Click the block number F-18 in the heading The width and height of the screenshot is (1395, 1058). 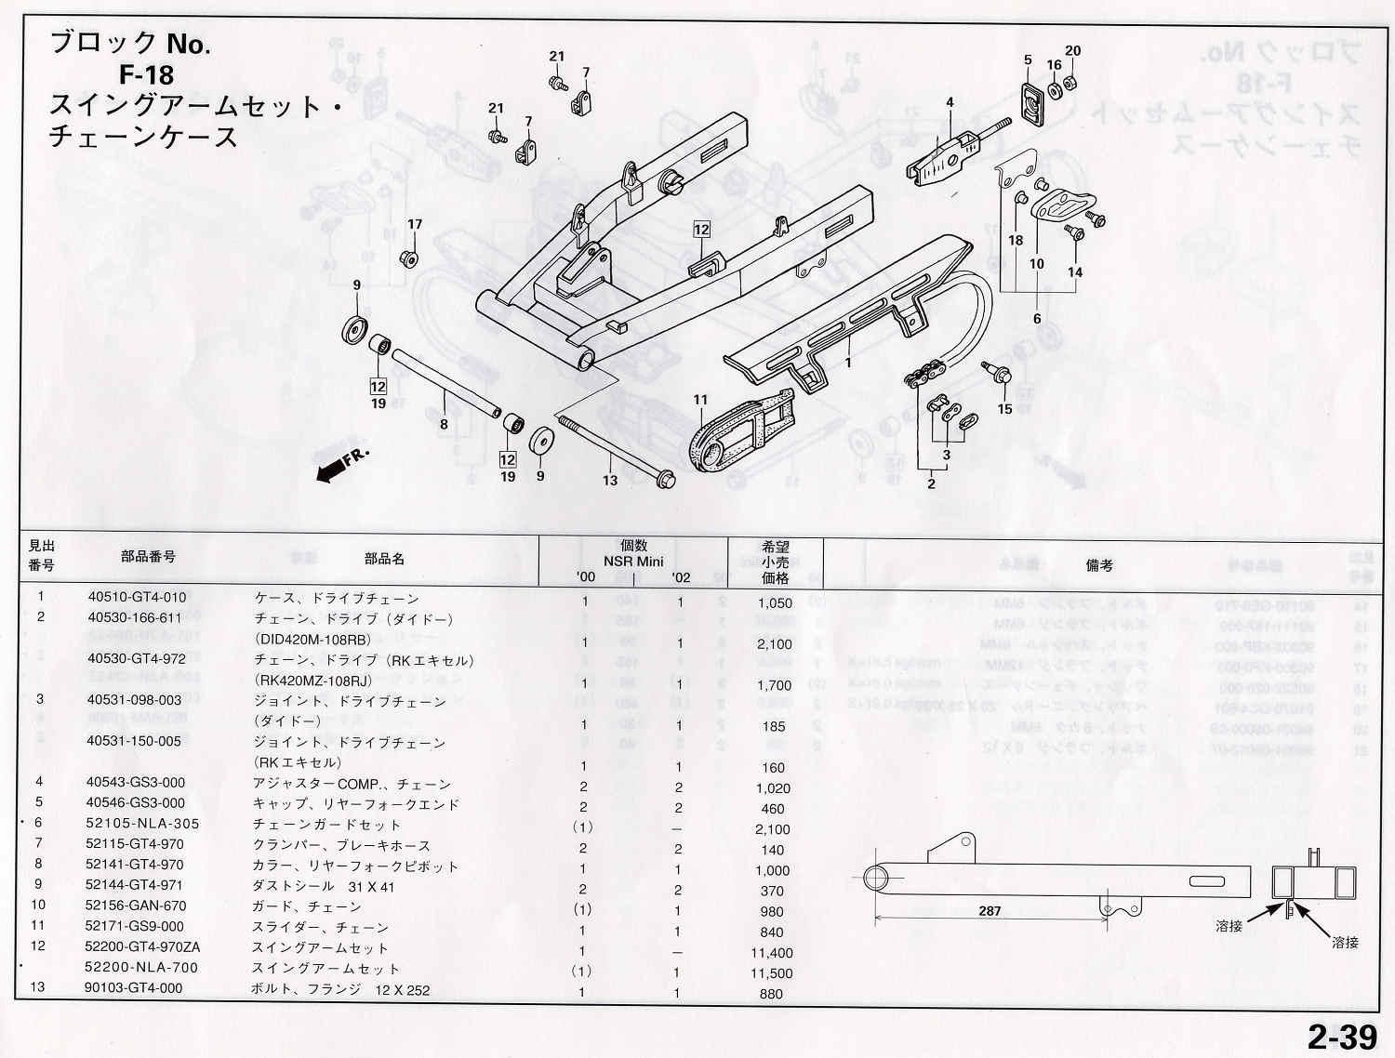pos(146,73)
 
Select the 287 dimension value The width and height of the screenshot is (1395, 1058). pos(990,910)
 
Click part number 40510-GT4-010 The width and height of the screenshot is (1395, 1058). pos(137,598)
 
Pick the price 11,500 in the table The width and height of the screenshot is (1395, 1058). pos(772,972)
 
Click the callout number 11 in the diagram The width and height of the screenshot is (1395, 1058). pos(700,401)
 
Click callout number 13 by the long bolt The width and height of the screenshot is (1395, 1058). pos(609,480)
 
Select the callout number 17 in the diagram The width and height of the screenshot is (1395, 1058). pos(415,224)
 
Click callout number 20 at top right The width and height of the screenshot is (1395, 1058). pos(1072,51)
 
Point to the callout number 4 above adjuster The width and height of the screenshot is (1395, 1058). pos(950,102)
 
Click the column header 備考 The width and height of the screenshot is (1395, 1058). pos(1099,564)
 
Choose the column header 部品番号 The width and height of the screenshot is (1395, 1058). pos(148,556)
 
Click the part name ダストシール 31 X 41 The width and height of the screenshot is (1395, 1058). pos(324,886)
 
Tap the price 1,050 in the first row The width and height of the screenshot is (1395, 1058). pos(775,602)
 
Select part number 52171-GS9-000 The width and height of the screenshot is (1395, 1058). pos(135,926)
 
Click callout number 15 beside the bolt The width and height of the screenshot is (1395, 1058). pos(1004,409)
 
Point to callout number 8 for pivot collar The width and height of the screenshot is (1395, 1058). pos(444,424)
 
